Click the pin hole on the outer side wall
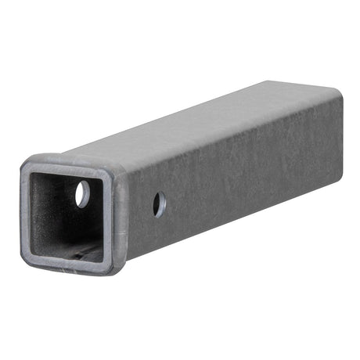159,205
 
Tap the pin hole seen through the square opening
82,194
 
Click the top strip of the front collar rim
70,163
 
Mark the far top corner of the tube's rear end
338,92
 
